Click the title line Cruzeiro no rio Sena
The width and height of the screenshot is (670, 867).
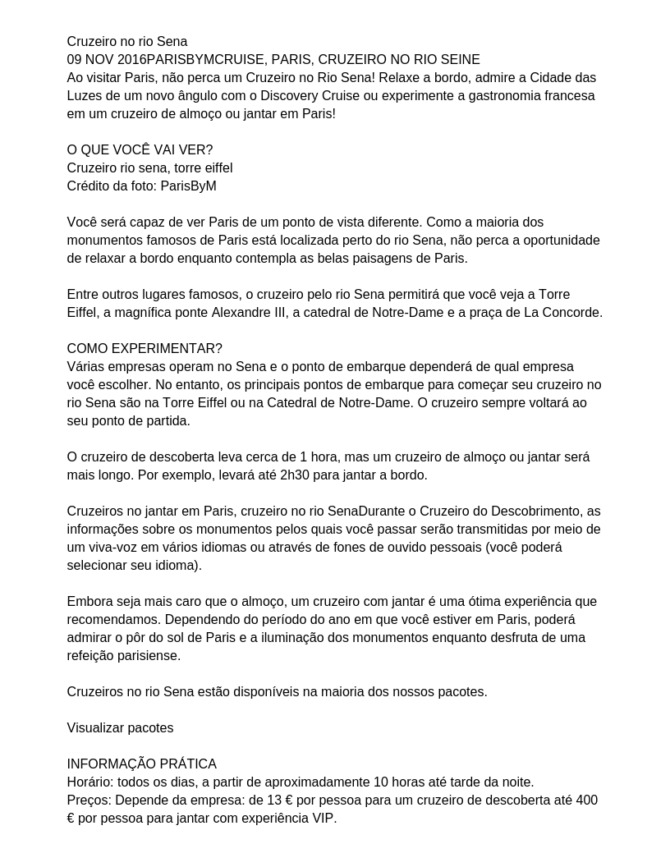tap(127, 42)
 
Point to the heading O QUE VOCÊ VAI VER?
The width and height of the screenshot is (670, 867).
tap(140, 150)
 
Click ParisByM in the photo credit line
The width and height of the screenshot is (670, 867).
tap(188, 186)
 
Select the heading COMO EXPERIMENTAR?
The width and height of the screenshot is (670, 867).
tap(145, 349)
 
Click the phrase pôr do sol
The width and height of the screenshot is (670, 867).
tap(209, 638)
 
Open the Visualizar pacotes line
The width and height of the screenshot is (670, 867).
tap(120, 728)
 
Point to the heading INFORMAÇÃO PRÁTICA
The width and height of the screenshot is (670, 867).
tap(141, 764)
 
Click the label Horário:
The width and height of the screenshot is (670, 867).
tap(91, 782)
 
